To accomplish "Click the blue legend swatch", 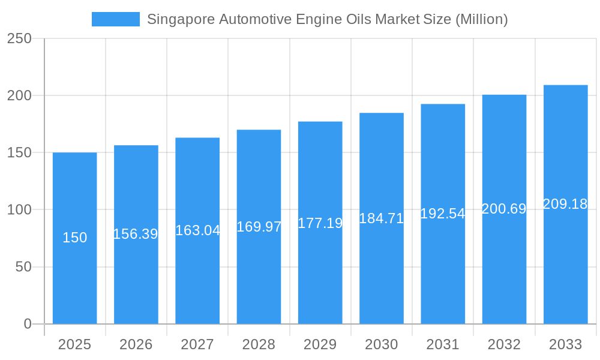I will (115, 19).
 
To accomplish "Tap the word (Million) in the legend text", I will (482, 19).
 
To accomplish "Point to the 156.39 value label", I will (136, 235).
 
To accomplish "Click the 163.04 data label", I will (197, 230).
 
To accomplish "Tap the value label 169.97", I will (259, 227).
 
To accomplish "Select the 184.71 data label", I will (382, 218).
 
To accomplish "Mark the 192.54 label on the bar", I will (443, 214).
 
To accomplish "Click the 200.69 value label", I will (504, 209).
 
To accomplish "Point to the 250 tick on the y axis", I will (19, 38).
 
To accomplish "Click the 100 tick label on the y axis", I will (19, 210).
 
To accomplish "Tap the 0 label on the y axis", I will (28, 324).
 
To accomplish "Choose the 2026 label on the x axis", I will (136, 344).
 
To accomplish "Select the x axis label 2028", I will (259, 344).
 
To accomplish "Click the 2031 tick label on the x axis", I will (443, 344).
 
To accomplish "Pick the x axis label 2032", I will (504, 344).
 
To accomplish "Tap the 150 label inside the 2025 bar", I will (75, 238).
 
